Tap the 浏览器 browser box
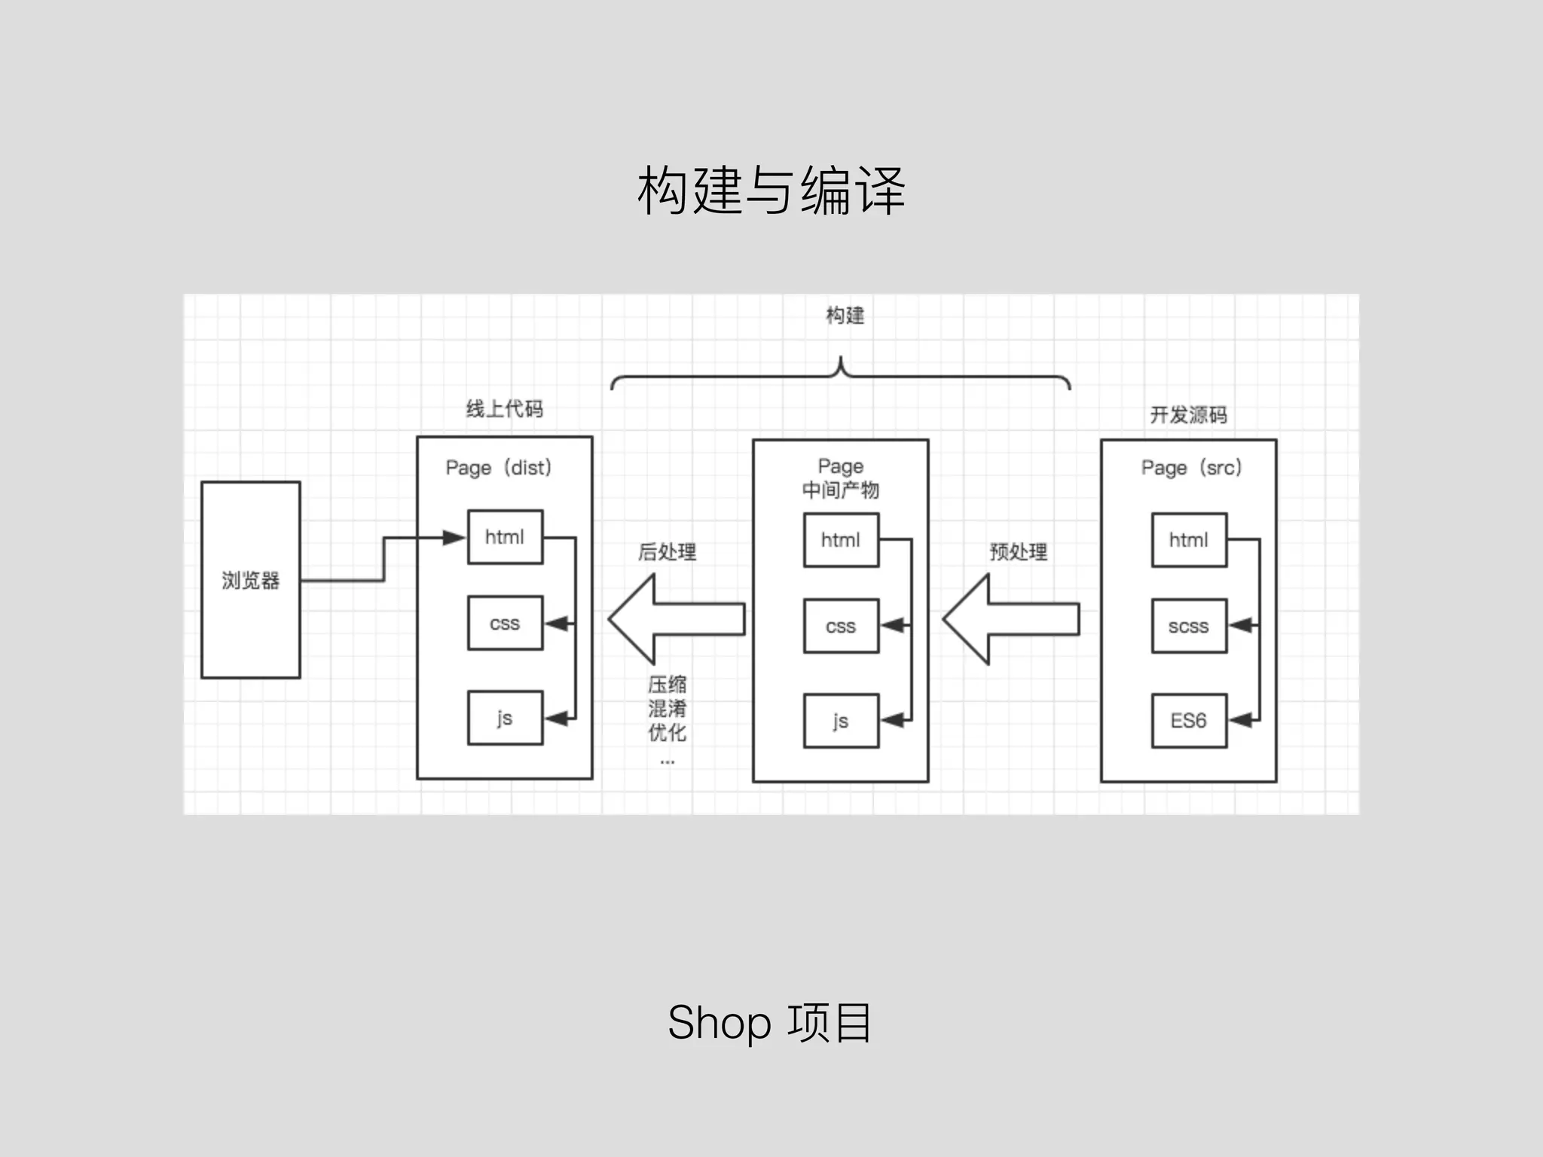point(250,580)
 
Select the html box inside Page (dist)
point(505,537)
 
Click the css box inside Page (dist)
point(505,623)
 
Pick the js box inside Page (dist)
point(505,718)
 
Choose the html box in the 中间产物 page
point(841,540)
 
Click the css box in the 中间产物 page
point(841,626)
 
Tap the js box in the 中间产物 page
point(841,721)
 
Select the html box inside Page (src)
point(1189,540)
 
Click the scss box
point(1189,626)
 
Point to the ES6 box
point(1189,721)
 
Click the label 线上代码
point(505,409)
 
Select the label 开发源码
point(1189,415)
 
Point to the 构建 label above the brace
point(845,316)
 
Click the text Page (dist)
point(499,468)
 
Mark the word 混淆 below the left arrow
point(668,709)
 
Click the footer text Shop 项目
point(770,1023)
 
